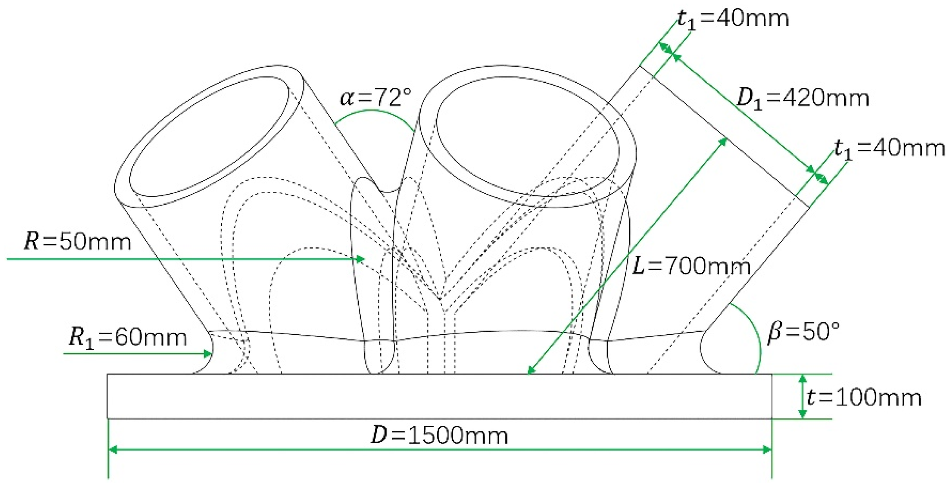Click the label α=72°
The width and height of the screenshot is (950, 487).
pyautogui.click(x=376, y=97)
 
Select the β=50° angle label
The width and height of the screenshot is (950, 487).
pyautogui.click(x=803, y=332)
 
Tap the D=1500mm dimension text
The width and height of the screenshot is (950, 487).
pyautogui.click(x=439, y=436)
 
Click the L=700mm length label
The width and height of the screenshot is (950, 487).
pyautogui.click(x=691, y=266)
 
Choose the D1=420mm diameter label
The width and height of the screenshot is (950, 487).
pyautogui.click(x=803, y=98)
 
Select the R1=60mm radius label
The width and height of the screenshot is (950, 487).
pyautogui.click(x=127, y=338)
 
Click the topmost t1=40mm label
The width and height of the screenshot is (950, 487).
pyautogui.click(x=733, y=19)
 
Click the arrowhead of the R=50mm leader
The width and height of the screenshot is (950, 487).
pyautogui.click(x=360, y=259)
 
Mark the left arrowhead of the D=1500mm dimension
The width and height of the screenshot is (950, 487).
pyautogui.click(x=113, y=449)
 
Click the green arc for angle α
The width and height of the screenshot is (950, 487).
pyautogui.click(x=372, y=111)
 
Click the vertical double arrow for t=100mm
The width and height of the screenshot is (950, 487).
pyautogui.click(x=802, y=396)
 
